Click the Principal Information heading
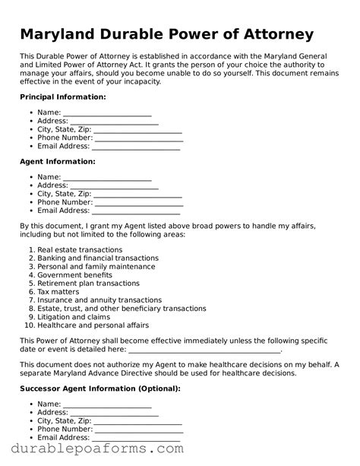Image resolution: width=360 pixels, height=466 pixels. (x=62, y=97)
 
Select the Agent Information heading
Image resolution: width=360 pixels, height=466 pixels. (x=57, y=161)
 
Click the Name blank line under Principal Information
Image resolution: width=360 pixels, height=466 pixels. (x=107, y=113)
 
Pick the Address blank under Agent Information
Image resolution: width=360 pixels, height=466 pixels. (x=115, y=185)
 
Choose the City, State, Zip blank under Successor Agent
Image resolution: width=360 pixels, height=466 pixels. (x=137, y=421)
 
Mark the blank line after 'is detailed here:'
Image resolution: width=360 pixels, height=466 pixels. (x=204, y=350)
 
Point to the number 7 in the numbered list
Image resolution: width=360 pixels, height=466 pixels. (x=30, y=300)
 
